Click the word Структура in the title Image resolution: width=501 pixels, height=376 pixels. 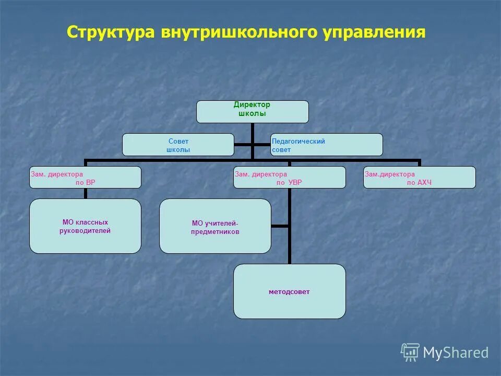coord(110,32)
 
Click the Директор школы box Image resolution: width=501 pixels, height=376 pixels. coord(252,112)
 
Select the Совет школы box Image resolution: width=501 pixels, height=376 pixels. coord(178,145)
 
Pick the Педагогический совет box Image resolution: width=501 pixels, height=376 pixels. coord(326,145)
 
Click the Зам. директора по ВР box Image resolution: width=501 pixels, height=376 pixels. coord(85,178)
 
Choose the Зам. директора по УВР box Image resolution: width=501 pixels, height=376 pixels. coord(289,178)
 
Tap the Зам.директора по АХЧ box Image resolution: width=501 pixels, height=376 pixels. coord(419,178)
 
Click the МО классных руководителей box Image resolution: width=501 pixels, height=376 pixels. coord(85,226)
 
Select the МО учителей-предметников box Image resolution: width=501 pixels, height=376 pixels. coord(215,226)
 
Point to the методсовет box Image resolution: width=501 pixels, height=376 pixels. coord(289,291)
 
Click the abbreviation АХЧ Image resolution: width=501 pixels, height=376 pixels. coord(423,182)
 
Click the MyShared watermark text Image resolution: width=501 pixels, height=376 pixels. coord(455,353)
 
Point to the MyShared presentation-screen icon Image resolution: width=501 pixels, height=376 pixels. coord(410,352)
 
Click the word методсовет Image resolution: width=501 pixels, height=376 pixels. coord(289,292)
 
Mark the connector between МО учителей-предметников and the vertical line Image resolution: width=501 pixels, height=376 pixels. coord(280,226)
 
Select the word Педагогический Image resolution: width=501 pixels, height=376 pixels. coord(299,141)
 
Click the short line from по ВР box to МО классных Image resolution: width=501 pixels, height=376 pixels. coord(85,193)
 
